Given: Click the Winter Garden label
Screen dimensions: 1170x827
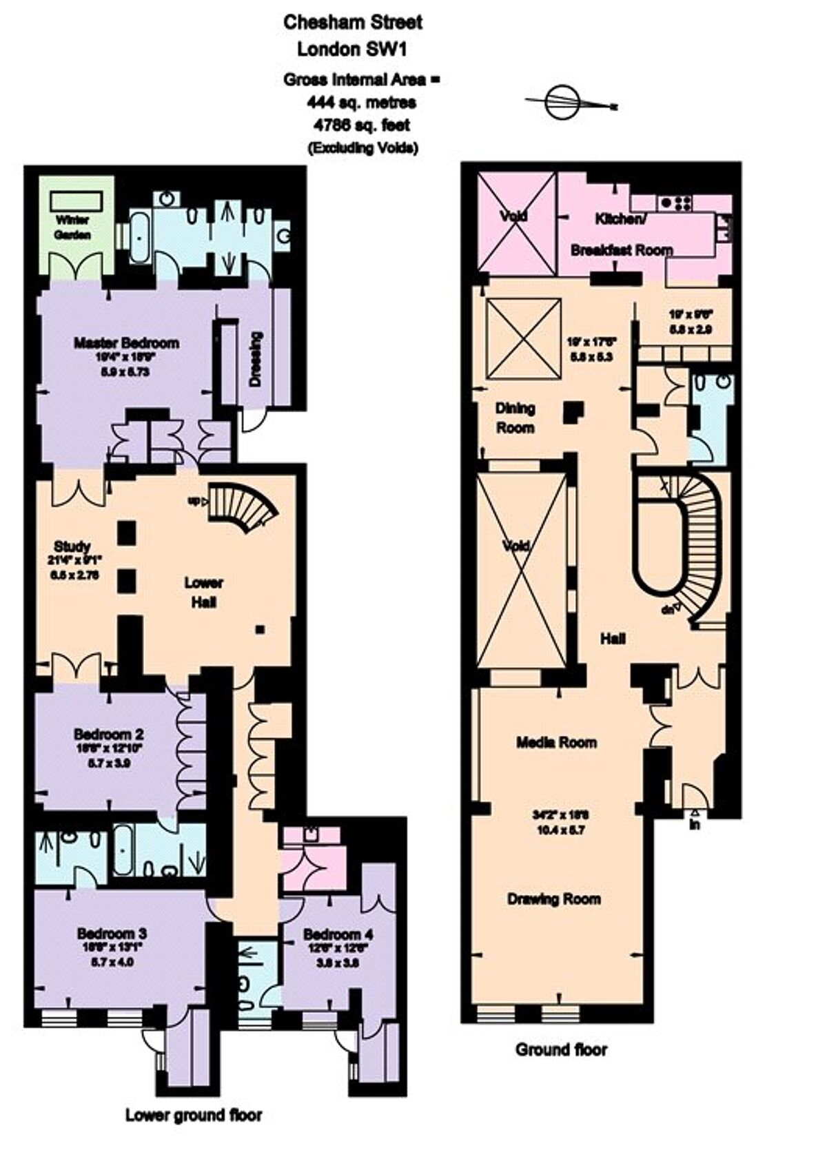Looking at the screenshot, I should (x=73, y=228).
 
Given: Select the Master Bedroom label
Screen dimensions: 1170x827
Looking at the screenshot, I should (x=126, y=343).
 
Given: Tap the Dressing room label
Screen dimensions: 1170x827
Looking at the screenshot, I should (x=256, y=359).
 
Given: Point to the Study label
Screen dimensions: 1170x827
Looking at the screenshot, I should (x=72, y=547).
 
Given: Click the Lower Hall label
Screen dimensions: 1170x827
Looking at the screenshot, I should (x=203, y=592).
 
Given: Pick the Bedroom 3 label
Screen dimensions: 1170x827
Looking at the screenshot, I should (x=112, y=934).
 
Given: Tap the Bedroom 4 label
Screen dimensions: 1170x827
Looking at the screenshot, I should (x=338, y=935).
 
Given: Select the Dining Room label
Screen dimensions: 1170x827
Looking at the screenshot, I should (x=515, y=418).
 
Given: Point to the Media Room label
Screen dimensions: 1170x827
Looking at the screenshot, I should (x=557, y=742).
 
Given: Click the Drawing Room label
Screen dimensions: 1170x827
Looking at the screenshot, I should (x=554, y=899).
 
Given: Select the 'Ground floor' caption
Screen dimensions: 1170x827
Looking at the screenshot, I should (x=562, y=1050).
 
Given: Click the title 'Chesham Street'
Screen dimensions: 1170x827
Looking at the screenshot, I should (x=353, y=22).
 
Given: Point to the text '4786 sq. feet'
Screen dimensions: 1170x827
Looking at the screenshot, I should (x=362, y=125).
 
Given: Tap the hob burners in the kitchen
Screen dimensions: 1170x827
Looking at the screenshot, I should (x=676, y=202).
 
